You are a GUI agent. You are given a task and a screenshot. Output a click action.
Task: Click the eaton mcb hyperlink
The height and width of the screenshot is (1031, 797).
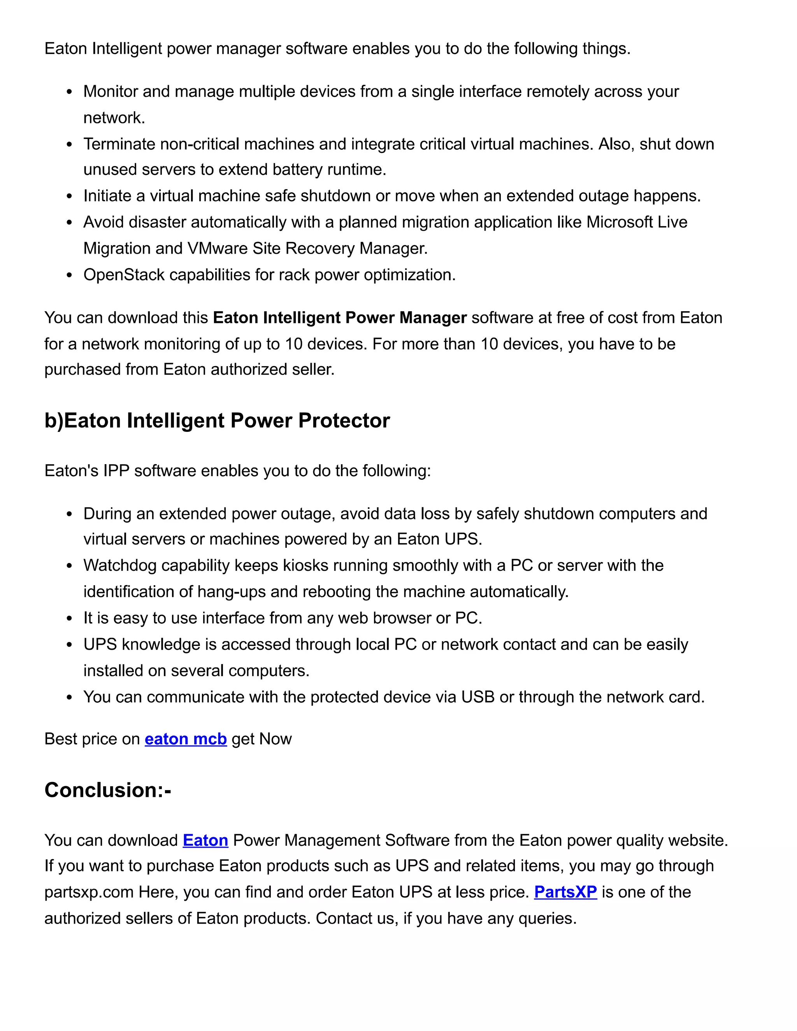click(186, 739)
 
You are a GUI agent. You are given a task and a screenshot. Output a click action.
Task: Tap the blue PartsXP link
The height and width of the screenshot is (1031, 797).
click(565, 892)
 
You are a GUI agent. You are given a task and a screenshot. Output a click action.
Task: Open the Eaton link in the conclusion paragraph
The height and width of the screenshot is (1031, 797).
click(205, 840)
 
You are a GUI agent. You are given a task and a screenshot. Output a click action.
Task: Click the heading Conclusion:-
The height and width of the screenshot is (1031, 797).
click(108, 790)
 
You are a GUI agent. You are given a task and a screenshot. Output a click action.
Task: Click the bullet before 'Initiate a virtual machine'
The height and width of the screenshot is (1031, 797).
click(69, 196)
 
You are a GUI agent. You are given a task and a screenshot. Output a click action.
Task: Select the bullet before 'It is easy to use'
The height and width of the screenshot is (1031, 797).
click(69, 619)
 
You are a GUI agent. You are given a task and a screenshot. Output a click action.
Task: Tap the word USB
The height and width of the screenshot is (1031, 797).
click(477, 697)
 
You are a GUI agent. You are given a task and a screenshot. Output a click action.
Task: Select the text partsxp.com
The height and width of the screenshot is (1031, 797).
click(89, 892)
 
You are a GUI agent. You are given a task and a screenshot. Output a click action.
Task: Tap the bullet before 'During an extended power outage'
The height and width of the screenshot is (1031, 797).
click(69, 514)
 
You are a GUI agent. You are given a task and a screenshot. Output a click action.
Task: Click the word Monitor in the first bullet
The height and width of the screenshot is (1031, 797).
click(111, 91)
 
